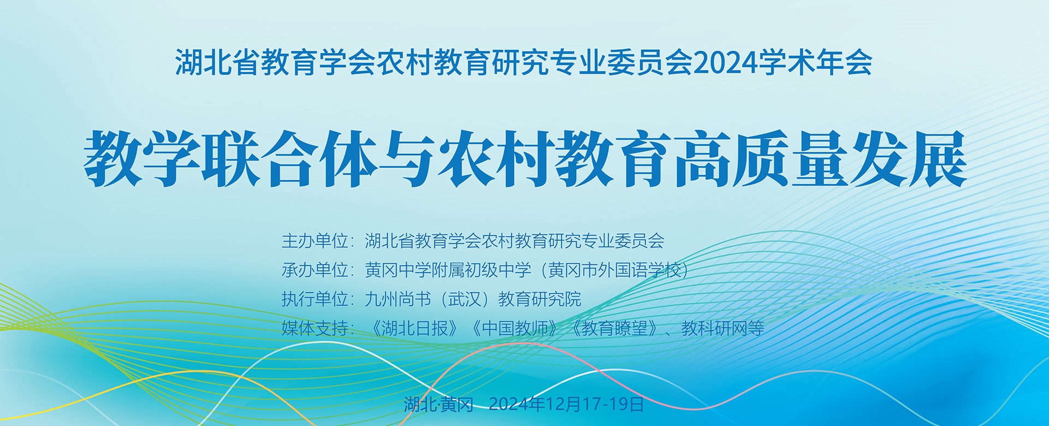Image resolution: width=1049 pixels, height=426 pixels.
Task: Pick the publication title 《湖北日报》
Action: pos(414,328)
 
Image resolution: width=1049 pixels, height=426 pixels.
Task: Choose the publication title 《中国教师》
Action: pos(514,328)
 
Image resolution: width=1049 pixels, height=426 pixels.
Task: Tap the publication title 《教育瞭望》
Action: pos(614,328)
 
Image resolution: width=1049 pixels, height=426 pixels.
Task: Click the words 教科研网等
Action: pos(723,328)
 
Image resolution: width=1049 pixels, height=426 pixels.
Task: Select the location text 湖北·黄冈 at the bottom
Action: pos(439,404)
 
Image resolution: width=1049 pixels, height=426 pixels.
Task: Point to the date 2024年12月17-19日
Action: pos(567,404)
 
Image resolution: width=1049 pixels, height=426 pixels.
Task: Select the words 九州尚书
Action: pos(398,299)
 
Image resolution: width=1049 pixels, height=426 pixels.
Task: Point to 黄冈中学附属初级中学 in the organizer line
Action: pos(448,270)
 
